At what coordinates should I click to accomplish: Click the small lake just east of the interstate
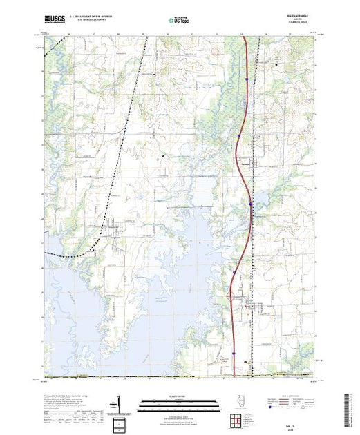261,201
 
